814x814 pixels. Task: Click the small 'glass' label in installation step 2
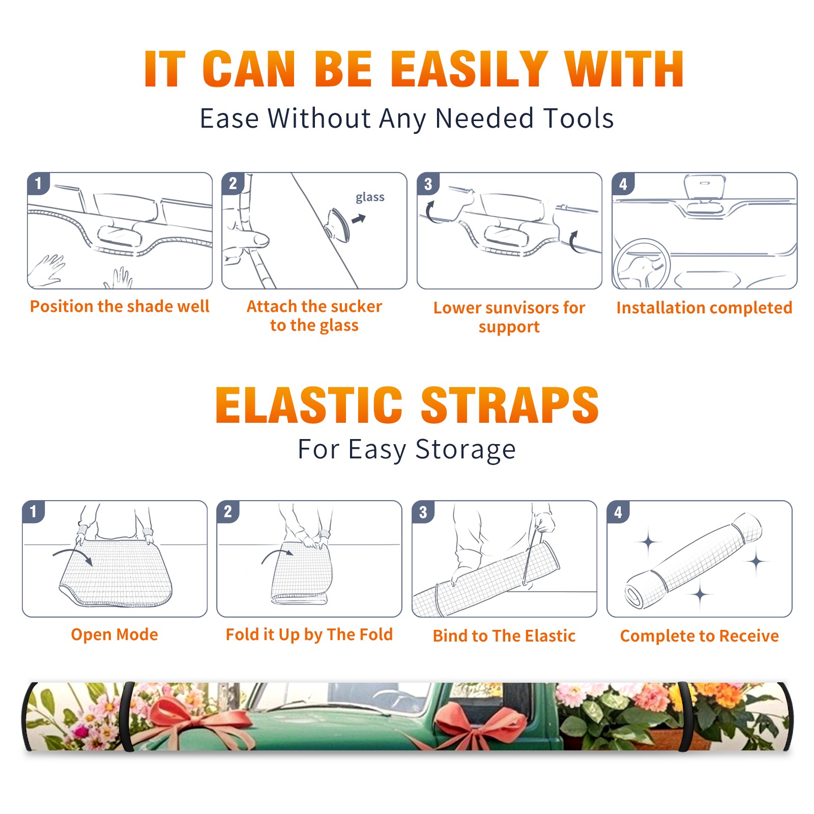coord(370,197)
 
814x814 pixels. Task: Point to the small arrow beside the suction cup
coord(359,219)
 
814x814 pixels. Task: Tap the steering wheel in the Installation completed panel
coord(641,264)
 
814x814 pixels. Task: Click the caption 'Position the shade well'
coord(120,306)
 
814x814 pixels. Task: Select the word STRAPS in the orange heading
coord(510,405)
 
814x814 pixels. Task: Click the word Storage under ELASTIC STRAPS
coord(466,450)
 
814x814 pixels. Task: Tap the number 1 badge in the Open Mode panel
coord(34,511)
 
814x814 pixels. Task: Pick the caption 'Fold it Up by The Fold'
coord(309,634)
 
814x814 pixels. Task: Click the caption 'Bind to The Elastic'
coord(504,636)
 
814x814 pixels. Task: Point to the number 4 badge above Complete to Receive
coord(618,512)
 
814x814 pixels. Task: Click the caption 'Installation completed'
coord(704,308)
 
